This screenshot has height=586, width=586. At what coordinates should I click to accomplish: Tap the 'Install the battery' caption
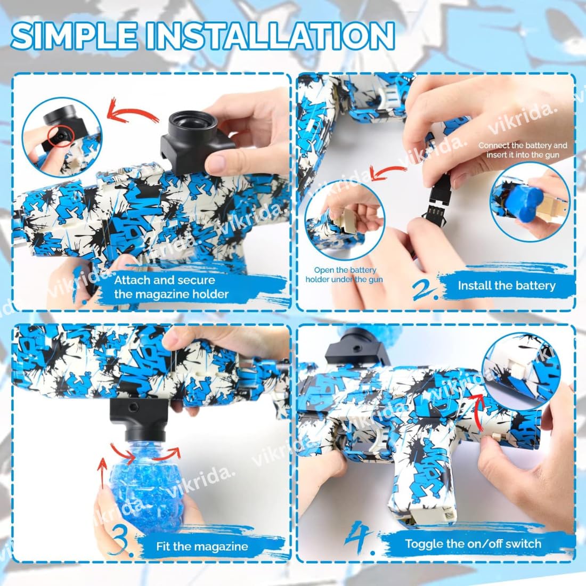click(x=506, y=285)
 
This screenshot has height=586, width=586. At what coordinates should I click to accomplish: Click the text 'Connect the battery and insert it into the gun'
click(x=522, y=150)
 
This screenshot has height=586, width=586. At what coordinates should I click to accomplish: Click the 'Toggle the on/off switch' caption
click(x=473, y=543)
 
